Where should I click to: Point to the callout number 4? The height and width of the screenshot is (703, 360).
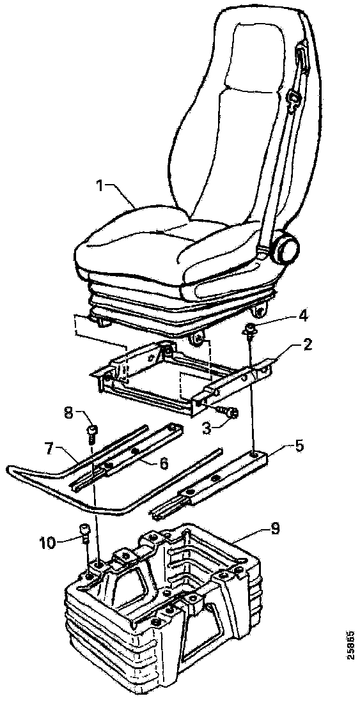tap(304, 316)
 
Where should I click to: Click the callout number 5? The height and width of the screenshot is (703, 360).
tap(299, 447)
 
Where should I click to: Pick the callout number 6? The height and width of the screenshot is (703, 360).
tap(164, 463)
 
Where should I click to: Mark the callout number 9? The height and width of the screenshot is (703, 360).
tap(274, 530)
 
